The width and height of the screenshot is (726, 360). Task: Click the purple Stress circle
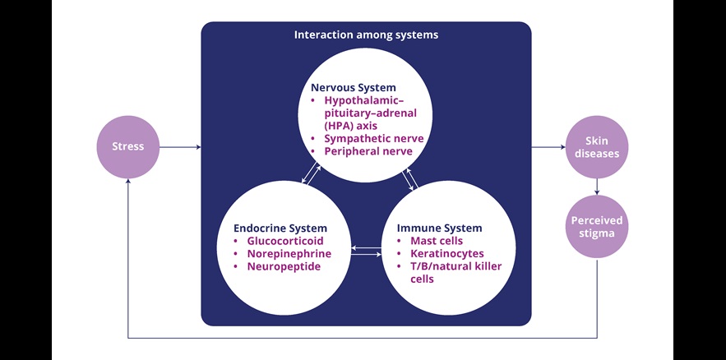click(x=127, y=148)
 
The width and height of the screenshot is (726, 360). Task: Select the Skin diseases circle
click(x=597, y=148)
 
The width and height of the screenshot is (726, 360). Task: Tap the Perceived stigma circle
click(x=597, y=227)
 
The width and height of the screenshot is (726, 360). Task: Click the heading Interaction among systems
click(x=366, y=35)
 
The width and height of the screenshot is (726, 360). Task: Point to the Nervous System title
click(x=354, y=87)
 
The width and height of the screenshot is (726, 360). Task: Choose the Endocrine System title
click(x=280, y=228)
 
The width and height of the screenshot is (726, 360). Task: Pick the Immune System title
click(x=439, y=228)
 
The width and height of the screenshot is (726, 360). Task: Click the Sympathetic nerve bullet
click(x=373, y=138)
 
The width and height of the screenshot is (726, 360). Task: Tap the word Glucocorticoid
click(x=285, y=241)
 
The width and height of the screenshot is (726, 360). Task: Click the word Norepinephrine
click(x=289, y=254)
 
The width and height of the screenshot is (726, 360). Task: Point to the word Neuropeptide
click(x=284, y=267)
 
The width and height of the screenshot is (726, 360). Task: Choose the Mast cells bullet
click(x=436, y=241)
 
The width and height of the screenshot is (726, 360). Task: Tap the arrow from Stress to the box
click(x=180, y=148)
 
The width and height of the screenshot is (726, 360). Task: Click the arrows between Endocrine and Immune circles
click(x=367, y=251)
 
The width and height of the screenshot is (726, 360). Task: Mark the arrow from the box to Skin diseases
click(x=548, y=148)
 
